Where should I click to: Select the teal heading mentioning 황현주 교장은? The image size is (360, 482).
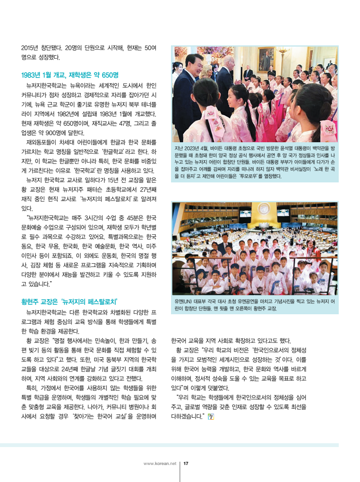tap(69, 301)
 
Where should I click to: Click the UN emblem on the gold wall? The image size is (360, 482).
tap(256, 209)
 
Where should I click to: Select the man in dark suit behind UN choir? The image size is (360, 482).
tap(226, 246)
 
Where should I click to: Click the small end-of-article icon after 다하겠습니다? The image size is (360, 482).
tap(211, 416)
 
